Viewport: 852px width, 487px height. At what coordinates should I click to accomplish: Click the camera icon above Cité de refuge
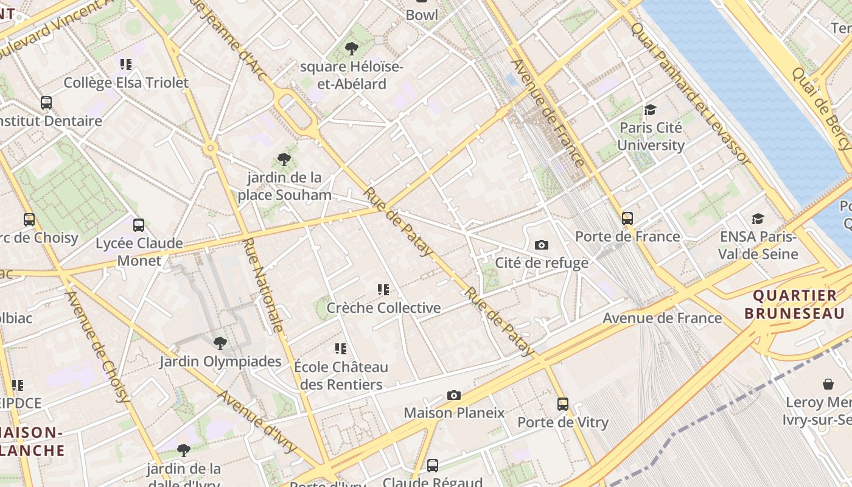tap(541, 245)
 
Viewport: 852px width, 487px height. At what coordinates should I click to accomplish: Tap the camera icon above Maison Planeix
tap(453, 395)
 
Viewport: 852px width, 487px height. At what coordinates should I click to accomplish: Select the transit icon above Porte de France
tap(627, 218)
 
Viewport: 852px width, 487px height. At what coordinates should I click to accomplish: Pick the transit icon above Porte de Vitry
tap(563, 404)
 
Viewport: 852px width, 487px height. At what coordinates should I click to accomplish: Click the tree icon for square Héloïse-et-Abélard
tap(351, 49)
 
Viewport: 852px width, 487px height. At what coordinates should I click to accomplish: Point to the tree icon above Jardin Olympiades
tap(220, 343)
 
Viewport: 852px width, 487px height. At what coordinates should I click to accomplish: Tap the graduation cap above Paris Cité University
tap(651, 110)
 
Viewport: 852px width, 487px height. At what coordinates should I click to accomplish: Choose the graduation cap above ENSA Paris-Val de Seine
tap(758, 218)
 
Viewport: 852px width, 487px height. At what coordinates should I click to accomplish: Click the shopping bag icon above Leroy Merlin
tap(828, 384)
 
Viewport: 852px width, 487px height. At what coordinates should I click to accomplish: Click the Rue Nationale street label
tap(263, 285)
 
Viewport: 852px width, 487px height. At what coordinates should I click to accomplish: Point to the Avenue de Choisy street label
tap(97, 347)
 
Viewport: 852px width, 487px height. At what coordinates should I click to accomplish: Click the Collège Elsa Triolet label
tap(126, 83)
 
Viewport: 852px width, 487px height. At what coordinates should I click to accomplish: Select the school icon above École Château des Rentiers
tap(341, 349)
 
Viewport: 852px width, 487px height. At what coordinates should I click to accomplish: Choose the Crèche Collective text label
tap(383, 308)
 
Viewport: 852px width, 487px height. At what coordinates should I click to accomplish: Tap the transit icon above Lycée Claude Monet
tap(139, 225)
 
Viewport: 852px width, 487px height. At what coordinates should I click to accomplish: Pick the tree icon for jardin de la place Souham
tap(284, 160)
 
